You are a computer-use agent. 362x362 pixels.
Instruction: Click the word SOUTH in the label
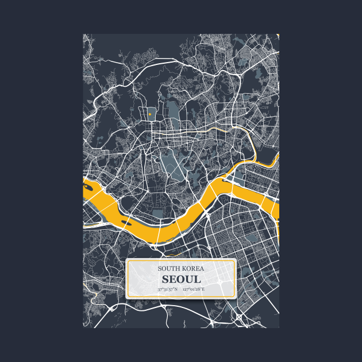coord(170,268)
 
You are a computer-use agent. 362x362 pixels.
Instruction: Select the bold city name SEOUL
coord(181,279)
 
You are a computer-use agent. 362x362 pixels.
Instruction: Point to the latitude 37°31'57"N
coord(167,289)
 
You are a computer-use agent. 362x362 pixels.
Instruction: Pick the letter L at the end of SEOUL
coord(197,279)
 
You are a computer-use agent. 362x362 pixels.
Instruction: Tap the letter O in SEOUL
coord(180,279)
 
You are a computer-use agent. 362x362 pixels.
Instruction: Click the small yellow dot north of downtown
coord(149,114)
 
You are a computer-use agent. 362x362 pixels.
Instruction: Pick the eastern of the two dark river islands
coord(127,219)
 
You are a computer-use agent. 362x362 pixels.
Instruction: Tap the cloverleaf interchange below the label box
coord(239,317)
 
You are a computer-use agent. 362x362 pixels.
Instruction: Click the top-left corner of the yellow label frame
coord(127,260)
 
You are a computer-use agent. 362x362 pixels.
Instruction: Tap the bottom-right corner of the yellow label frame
coord(236,297)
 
